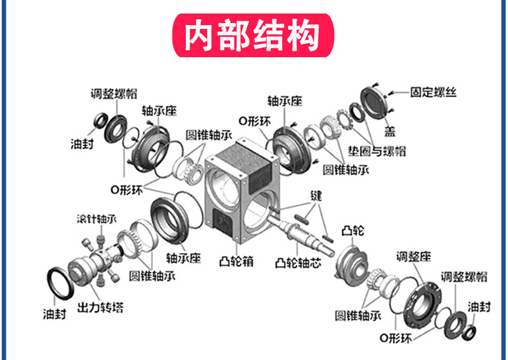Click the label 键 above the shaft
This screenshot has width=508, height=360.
tap(315, 195)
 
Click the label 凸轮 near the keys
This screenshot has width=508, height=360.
tap(352, 230)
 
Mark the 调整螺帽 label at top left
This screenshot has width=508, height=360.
tap(113, 93)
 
